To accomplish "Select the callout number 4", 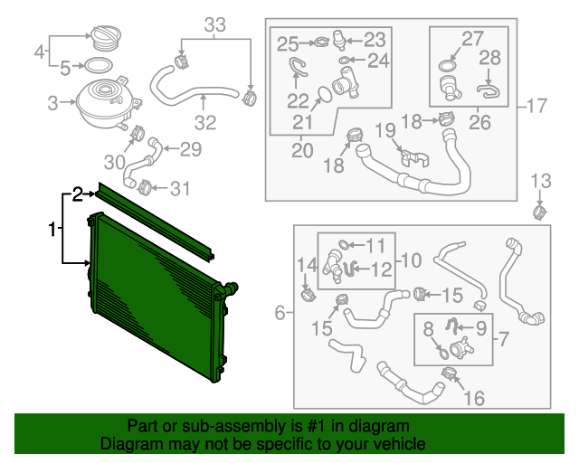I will click(39, 52).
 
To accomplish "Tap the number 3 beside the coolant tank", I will click(52, 103).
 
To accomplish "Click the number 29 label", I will click(190, 149).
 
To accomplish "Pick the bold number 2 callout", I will click(78, 193).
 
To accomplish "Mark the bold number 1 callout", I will click(52, 230).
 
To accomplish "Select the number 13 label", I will click(540, 179).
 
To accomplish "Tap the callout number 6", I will click(280, 313).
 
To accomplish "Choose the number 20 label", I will click(300, 148).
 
